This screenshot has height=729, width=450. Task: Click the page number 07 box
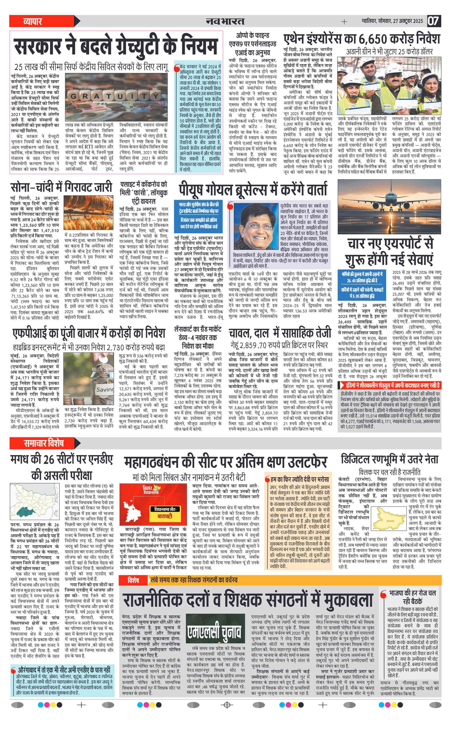coord(434,21)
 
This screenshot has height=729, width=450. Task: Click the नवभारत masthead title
coord(225,21)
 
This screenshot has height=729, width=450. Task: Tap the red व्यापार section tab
coord(33,21)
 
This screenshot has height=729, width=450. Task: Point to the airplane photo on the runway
coord(389,206)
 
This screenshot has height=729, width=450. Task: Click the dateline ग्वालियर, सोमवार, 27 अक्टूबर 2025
coord(392,21)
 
